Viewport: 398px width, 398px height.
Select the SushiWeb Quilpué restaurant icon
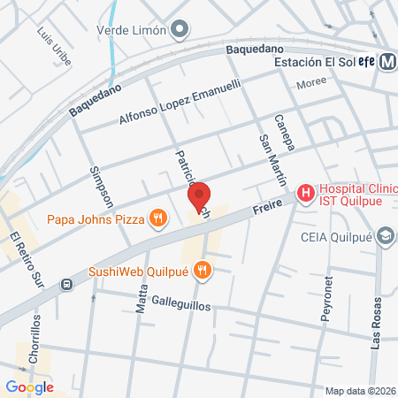coord(203,270)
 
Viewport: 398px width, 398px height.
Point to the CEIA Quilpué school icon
coord(386,236)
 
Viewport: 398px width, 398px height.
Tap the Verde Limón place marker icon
coord(180,29)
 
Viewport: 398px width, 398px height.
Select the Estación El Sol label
coord(314,63)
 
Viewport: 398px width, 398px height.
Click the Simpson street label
coord(97,186)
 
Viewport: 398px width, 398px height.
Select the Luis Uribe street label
coord(53,42)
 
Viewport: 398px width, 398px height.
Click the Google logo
coord(29,387)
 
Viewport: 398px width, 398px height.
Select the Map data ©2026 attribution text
coord(360,391)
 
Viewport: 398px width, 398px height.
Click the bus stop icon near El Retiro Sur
coord(67,285)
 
